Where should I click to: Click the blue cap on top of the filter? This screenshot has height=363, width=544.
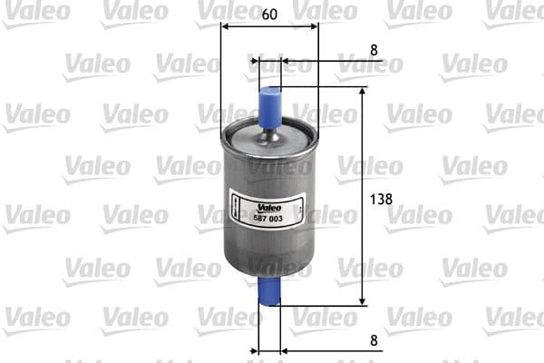[269, 103]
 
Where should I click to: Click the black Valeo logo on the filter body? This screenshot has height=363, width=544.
[265, 180]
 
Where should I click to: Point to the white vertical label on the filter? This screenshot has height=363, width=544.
[233, 209]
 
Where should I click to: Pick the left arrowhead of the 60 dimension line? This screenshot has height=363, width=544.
[225, 27]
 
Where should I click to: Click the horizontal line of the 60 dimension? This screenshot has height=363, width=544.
[269, 27]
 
